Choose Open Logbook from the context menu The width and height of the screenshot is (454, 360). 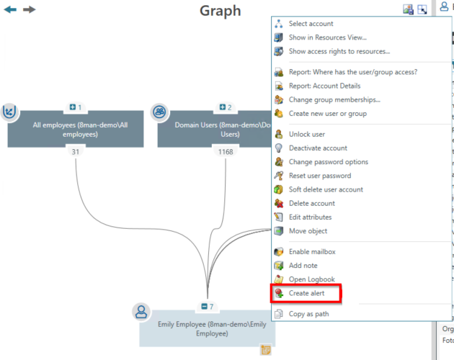point(311,279)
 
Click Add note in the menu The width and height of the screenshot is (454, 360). point(303,266)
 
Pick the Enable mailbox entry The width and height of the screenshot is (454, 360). point(312,252)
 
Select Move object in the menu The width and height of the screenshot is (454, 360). point(308,231)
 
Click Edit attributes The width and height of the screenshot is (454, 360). point(310,217)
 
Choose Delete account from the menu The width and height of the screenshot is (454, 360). point(312,203)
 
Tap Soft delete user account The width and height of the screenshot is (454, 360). point(326,189)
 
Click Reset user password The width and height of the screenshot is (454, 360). point(320,176)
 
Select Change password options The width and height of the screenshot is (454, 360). point(328,162)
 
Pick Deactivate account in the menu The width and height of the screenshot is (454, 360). point(318,148)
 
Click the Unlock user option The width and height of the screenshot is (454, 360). point(306,134)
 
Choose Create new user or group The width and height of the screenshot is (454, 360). point(327,113)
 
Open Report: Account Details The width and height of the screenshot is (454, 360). point(324,86)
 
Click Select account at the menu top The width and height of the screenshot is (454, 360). point(311,24)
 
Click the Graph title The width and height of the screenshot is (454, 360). point(220,11)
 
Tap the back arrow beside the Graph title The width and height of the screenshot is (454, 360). point(11,9)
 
